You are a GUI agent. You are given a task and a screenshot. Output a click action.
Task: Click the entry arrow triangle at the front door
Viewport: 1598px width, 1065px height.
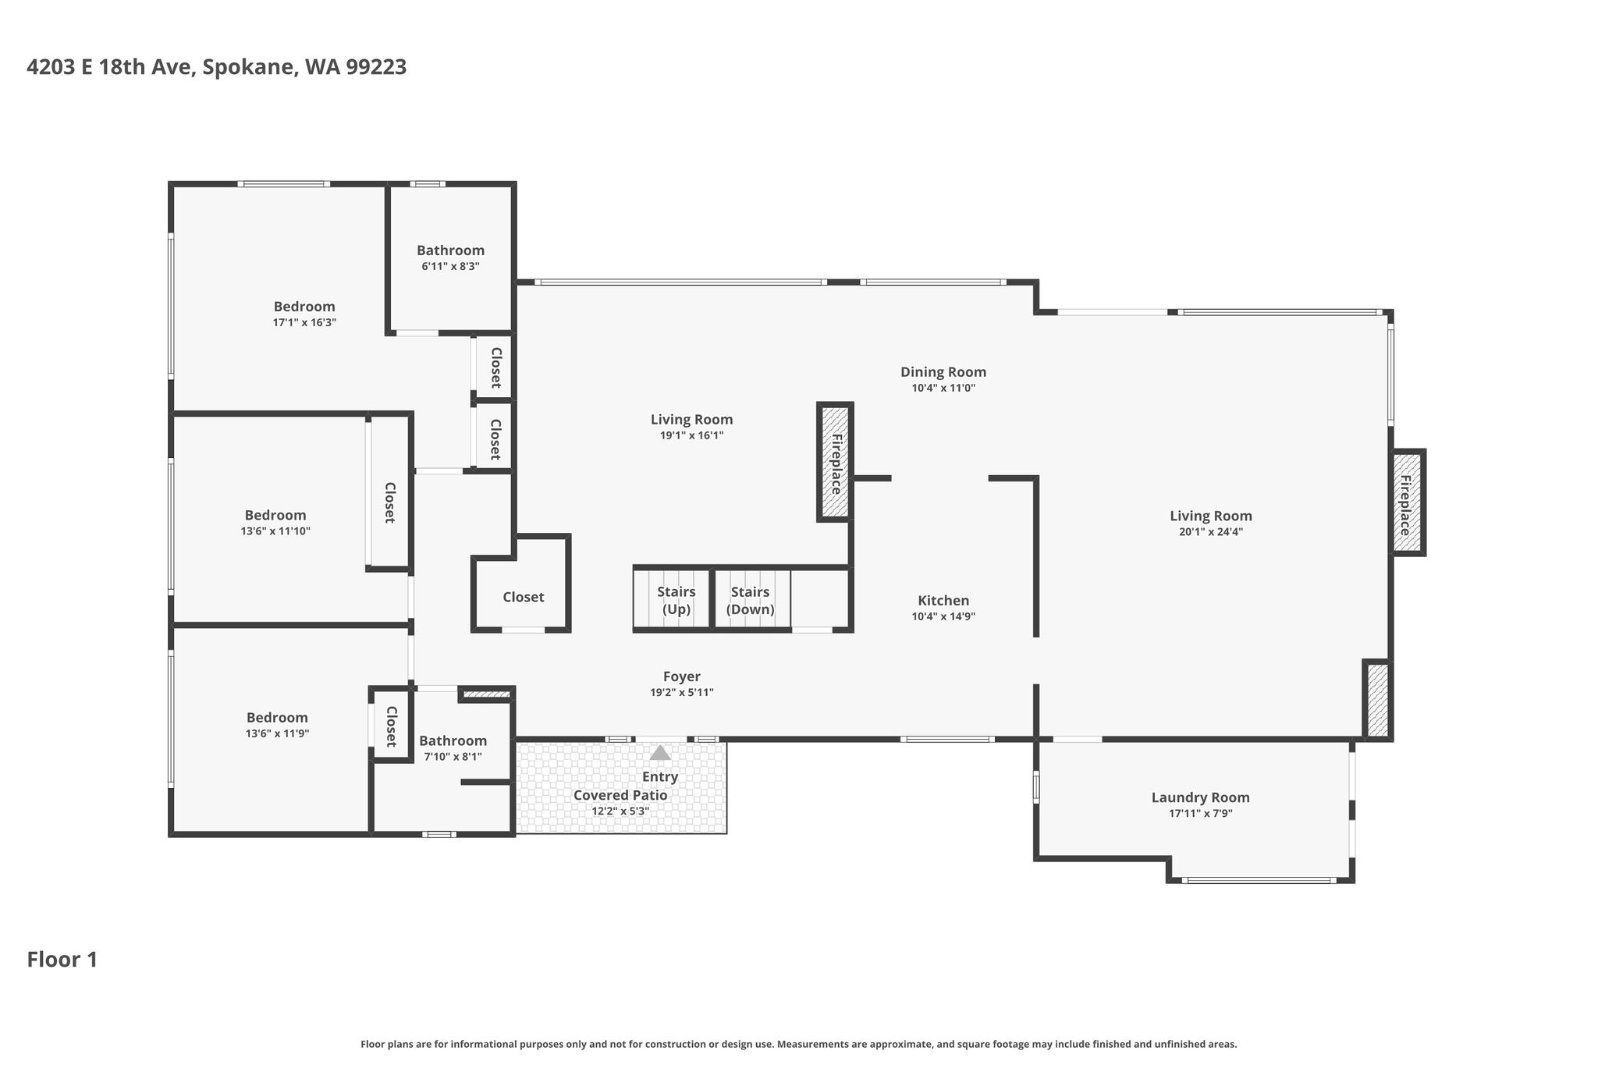tap(660, 753)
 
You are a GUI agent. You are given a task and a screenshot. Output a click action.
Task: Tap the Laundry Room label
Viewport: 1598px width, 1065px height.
tap(1200, 797)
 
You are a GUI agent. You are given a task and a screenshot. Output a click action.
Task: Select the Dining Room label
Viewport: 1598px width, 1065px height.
tap(943, 372)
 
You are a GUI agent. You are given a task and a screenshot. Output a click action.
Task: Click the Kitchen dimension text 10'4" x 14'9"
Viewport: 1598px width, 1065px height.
tap(943, 616)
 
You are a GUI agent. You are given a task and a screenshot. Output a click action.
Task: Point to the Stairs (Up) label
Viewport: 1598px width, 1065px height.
tap(676, 601)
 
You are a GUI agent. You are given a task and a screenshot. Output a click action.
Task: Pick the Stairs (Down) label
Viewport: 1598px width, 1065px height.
tap(751, 601)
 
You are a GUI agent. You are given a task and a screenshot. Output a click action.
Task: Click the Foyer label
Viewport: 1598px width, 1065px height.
tap(682, 676)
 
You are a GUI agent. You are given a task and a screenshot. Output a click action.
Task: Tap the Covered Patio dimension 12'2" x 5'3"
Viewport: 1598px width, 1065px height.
tap(620, 811)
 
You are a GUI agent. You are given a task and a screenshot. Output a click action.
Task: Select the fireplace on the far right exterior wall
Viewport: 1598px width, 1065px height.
tap(1408, 503)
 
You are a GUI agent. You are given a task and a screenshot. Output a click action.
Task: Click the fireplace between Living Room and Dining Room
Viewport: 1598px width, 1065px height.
tap(835, 462)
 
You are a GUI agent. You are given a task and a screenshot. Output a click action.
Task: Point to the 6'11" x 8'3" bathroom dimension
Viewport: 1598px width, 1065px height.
tap(450, 266)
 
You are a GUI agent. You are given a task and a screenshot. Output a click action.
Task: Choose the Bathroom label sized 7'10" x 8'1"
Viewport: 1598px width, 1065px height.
tap(453, 740)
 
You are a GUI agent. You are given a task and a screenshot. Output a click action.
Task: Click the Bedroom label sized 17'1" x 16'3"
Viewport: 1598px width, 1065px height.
tap(304, 307)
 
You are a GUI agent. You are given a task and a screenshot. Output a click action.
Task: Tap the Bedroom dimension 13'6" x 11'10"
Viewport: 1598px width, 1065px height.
tap(275, 531)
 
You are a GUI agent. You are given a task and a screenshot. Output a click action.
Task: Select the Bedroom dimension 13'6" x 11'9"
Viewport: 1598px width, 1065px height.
tap(277, 733)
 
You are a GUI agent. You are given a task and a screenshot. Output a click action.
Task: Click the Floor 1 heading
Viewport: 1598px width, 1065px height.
tap(62, 960)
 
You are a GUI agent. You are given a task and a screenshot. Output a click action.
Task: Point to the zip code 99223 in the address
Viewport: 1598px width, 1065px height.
tap(376, 67)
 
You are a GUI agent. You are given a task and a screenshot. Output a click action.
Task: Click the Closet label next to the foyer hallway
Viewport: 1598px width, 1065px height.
tap(523, 597)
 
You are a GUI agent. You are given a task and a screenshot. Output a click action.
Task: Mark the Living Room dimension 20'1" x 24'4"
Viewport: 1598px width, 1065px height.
tap(1211, 532)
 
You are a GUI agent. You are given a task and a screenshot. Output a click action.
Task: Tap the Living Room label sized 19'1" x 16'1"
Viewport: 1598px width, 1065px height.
tap(691, 420)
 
